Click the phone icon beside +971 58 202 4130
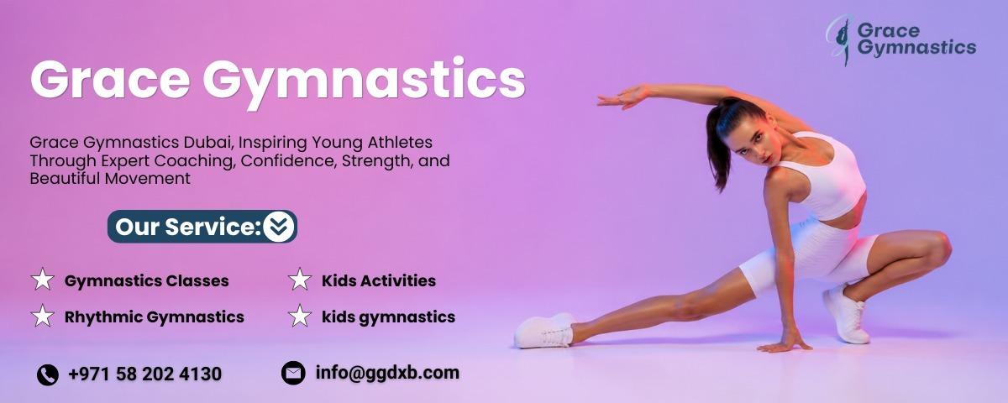pos(47,374)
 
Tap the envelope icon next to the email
pos(293,373)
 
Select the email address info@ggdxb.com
pos(387,373)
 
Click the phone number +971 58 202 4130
pos(144,374)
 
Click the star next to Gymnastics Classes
pos(43,280)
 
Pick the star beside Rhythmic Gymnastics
pos(43,316)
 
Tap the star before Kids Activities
pos(300,280)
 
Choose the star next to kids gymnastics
pos(300,316)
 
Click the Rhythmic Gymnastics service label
pos(155,317)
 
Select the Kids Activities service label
pos(379,280)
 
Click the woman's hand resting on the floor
pos(785,345)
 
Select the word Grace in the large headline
pos(111,79)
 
